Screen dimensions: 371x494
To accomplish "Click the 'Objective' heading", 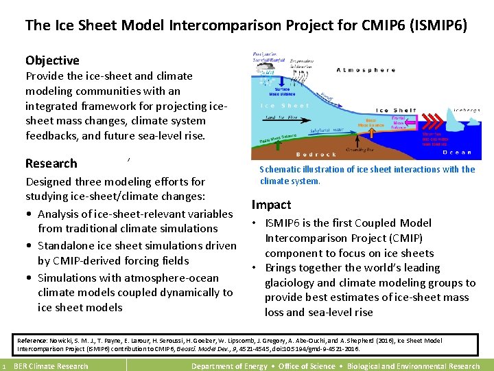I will point(52,60).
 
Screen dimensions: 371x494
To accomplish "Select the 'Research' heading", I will point(51,164).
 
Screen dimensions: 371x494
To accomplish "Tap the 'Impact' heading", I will point(271,205).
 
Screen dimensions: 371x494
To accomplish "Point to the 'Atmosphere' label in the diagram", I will point(366,70).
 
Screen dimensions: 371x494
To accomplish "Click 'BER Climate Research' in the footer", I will point(51,366).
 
